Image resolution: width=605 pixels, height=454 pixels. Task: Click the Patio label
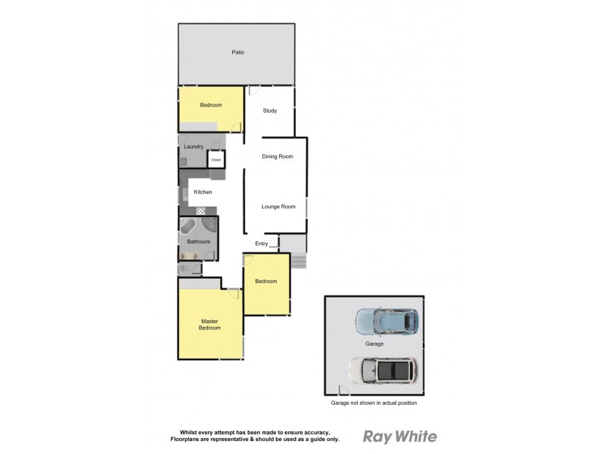coord(237,52)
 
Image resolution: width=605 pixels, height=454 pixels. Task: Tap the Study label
coord(270,111)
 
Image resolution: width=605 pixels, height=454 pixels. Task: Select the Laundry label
coord(194,147)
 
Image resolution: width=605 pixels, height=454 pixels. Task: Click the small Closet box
coord(216,160)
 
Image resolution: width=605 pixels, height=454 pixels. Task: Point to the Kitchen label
coord(203,192)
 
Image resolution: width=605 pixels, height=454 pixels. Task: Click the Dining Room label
coord(277,157)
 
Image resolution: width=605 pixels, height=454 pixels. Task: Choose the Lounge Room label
coord(278,207)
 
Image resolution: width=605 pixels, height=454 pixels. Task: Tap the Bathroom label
coord(198,242)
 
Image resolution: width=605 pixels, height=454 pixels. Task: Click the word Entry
coord(262,244)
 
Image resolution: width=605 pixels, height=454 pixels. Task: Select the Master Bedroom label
coord(209,325)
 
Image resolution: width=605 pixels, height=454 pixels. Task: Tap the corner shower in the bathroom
coord(209,228)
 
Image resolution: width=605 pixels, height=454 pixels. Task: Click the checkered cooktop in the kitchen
coord(201,210)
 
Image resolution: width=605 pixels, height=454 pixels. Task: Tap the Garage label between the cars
coord(374,344)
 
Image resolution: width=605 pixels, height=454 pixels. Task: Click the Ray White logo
coord(400,437)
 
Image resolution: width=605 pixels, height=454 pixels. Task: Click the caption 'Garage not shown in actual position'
coord(374,403)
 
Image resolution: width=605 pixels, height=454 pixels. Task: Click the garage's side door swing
coord(343,390)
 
